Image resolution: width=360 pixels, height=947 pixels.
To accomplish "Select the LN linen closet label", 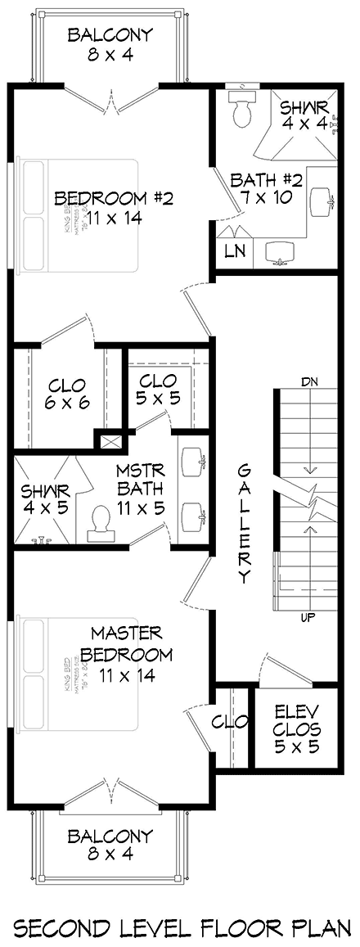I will [x=233, y=251].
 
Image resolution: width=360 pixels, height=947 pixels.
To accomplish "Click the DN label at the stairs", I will [x=309, y=381].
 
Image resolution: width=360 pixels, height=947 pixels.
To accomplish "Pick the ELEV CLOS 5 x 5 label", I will [x=296, y=728].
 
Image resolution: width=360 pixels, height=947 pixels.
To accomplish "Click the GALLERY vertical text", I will [x=244, y=524].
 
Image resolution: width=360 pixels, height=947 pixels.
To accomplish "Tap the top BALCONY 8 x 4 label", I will [x=110, y=45].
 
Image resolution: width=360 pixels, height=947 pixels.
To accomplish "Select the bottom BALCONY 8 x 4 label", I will [x=110, y=846].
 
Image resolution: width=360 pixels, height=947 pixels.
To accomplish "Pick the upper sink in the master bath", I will [x=194, y=461].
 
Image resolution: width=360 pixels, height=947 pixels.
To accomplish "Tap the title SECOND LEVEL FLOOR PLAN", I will [x=179, y=905].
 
